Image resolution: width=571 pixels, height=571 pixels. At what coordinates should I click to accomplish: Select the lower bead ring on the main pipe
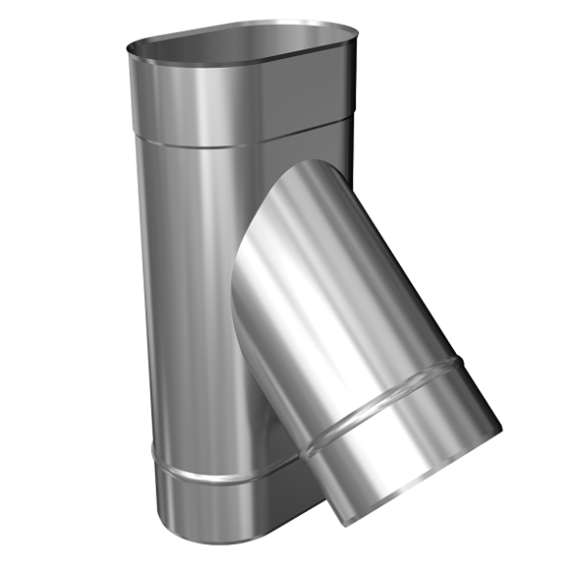[x=213, y=474]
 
